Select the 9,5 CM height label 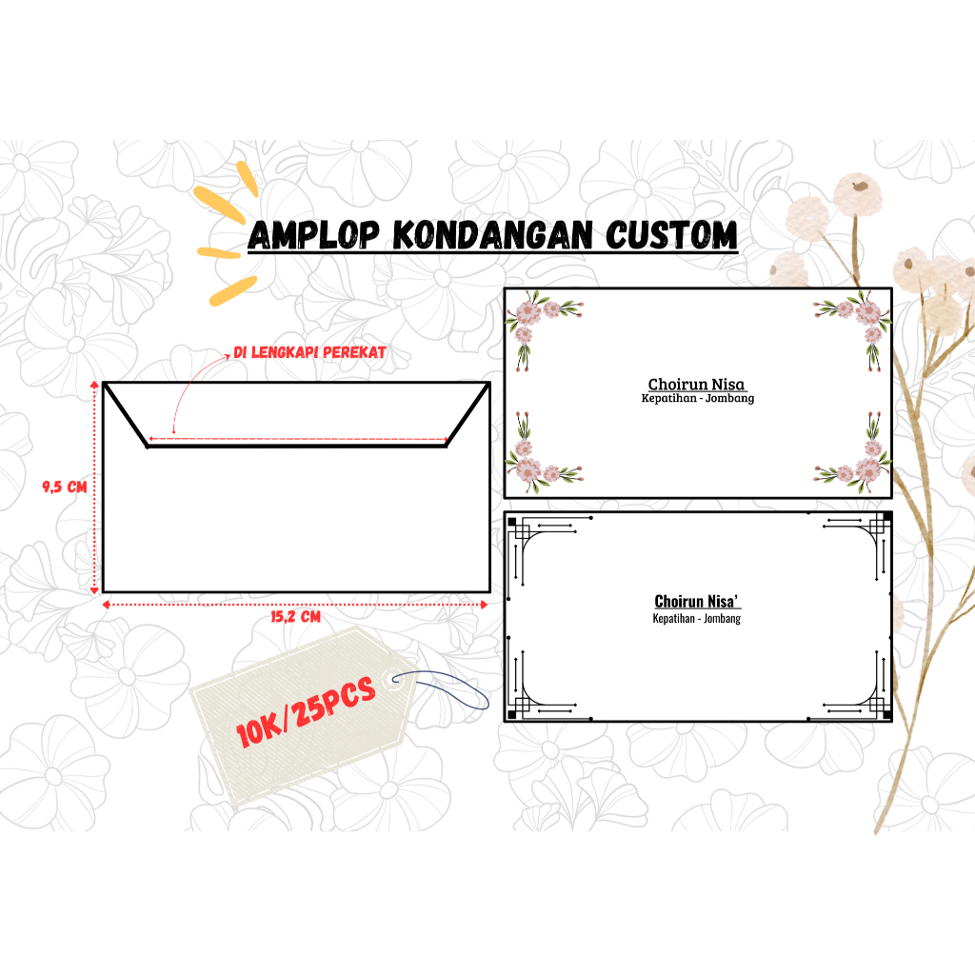click(x=64, y=487)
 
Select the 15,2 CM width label click(x=295, y=617)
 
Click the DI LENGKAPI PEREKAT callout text click(x=309, y=352)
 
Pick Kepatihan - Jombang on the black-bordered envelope click(x=697, y=619)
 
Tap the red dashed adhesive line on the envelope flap click(x=297, y=439)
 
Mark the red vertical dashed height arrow click(x=94, y=486)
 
